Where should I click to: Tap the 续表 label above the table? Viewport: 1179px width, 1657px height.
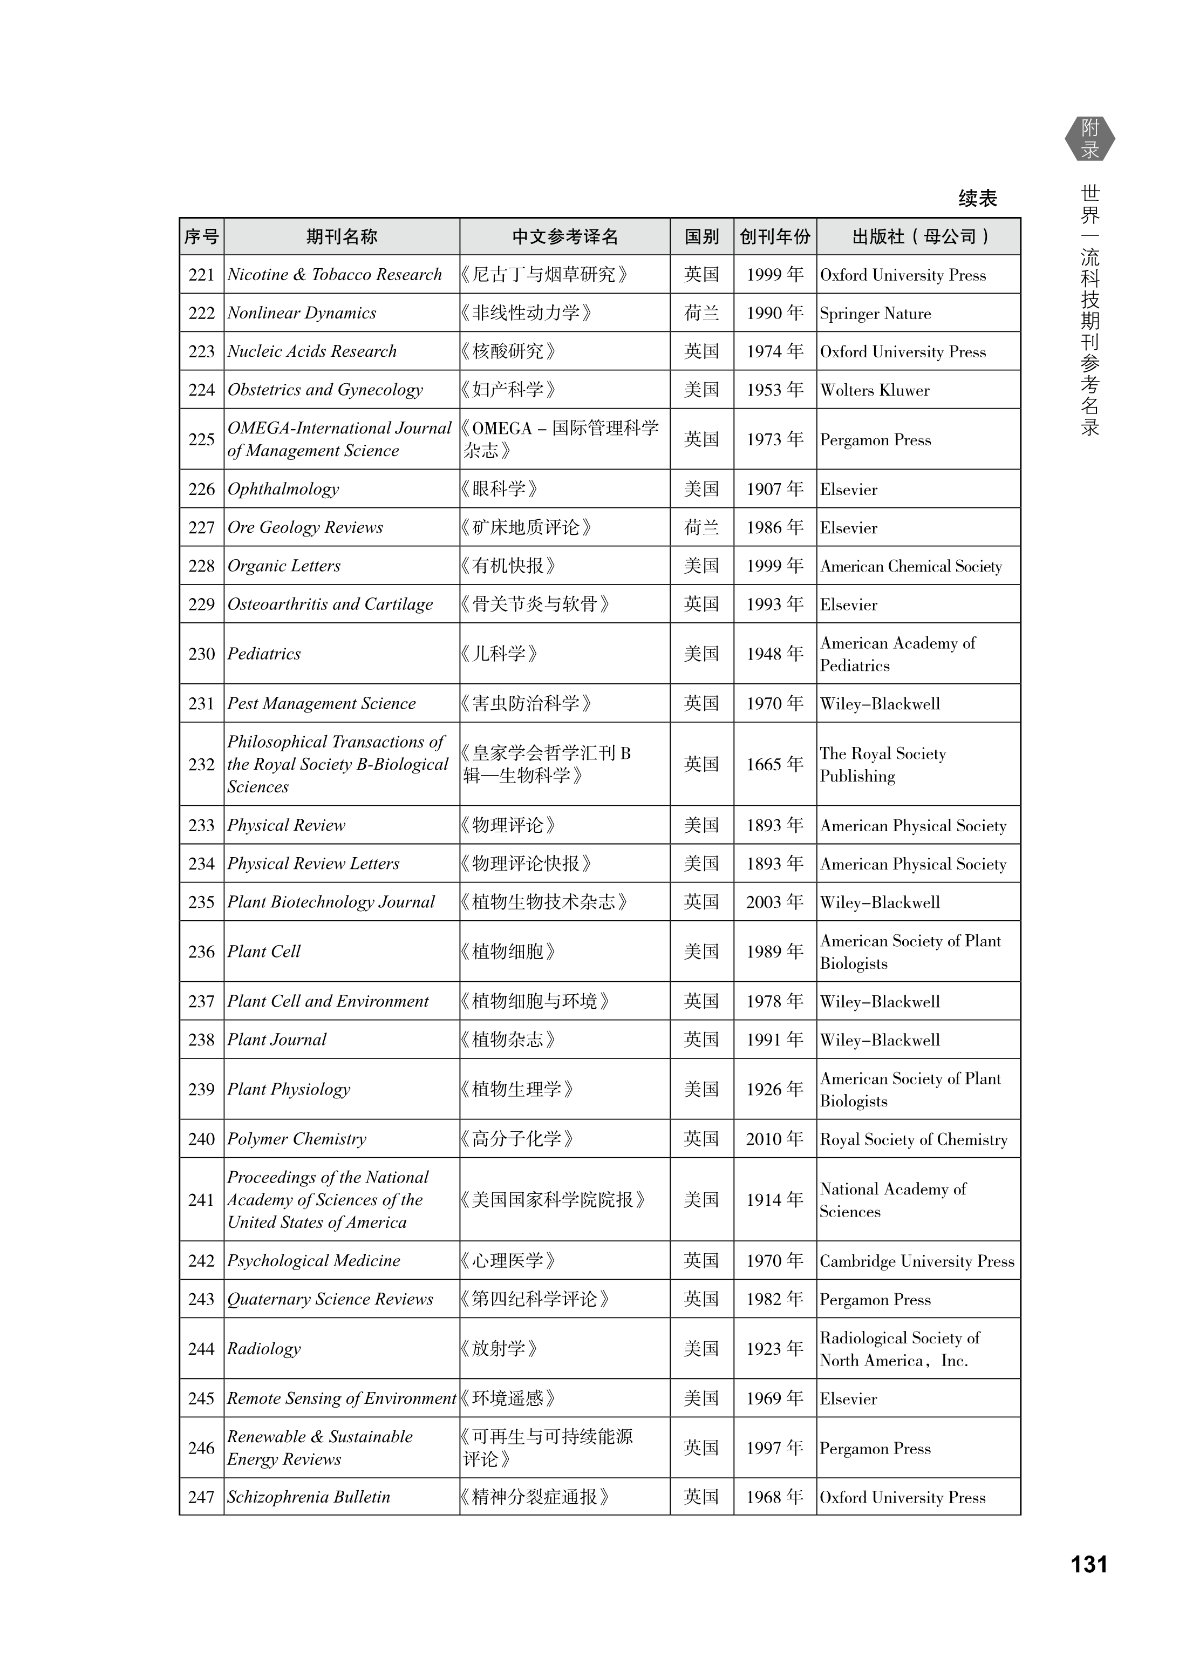tap(977, 198)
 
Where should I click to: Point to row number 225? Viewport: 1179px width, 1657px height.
tap(201, 439)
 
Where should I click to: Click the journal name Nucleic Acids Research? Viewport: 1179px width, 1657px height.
tap(312, 351)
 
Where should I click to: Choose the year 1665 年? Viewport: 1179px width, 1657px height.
tap(775, 764)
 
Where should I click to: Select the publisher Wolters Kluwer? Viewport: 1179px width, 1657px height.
tap(874, 390)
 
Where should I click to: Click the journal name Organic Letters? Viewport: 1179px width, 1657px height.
tap(284, 566)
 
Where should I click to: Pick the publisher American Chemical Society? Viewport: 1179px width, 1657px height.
tap(911, 566)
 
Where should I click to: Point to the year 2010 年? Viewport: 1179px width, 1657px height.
tap(775, 1138)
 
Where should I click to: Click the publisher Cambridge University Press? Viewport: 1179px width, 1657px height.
tap(917, 1261)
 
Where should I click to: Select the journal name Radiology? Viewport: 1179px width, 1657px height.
tap(263, 1348)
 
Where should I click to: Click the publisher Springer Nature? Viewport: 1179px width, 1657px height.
tap(875, 314)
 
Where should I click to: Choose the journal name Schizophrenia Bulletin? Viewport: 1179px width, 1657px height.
tap(309, 1497)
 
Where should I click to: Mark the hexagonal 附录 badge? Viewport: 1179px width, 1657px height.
tap(1090, 139)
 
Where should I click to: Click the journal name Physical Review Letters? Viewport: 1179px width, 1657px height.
tap(313, 864)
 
